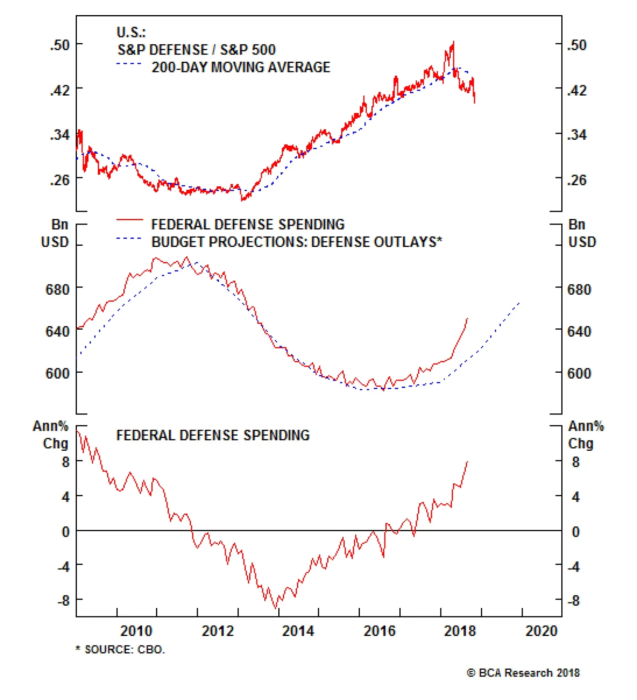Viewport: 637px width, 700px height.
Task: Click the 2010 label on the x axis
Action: (136, 631)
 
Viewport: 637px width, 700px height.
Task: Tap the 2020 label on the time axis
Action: (541, 631)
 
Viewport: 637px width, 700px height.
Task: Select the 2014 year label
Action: (298, 631)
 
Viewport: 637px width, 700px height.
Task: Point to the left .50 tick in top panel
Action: (60, 45)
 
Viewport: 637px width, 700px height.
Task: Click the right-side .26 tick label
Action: (577, 180)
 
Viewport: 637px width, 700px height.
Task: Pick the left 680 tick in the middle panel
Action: (58, 289)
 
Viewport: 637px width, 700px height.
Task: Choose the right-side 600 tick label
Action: (579, 373)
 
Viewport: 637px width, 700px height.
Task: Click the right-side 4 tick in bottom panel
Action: (576, 497)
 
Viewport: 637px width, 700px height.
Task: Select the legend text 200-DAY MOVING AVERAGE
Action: (241, 67)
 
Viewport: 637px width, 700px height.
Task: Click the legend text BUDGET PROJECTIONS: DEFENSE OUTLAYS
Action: (297, 242)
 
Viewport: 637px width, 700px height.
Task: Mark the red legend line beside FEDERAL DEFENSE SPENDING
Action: (129, 220)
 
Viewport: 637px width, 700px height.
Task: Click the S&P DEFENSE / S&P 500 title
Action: (196, 50)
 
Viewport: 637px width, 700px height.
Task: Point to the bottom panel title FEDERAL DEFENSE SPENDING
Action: (213, 435)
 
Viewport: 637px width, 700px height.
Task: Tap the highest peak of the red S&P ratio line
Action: (453, 41)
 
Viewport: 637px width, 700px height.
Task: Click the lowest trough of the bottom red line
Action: (275, 608)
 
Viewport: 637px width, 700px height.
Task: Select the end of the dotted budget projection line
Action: (520, 303)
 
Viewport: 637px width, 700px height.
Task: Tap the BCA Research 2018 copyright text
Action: (523, 673)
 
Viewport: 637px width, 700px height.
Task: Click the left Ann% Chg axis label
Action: (51, 434)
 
